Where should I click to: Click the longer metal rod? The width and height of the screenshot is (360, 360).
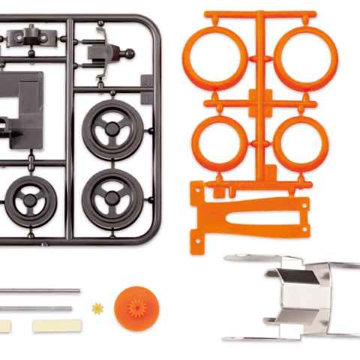[x=41, y=290]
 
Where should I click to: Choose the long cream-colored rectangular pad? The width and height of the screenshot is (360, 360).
[x=55, y=325]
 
